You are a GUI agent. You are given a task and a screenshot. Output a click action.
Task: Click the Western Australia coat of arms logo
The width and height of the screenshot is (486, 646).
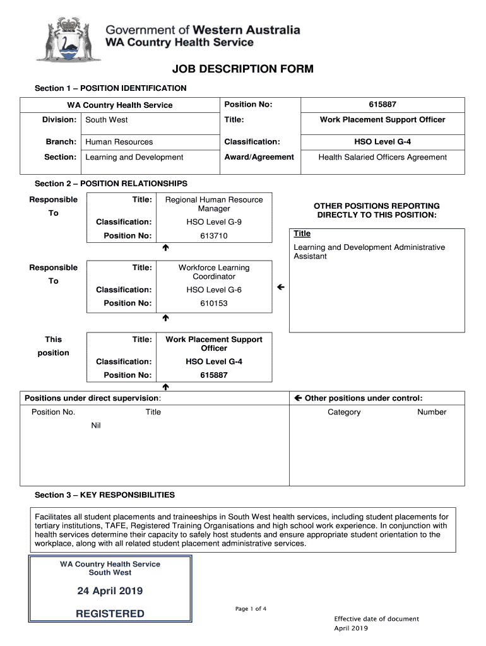pos(59,39)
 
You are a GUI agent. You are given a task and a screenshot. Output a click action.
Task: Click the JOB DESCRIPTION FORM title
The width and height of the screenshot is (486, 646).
pos(242,69)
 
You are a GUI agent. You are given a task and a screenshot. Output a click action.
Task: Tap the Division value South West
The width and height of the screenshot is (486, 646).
pos(107,120)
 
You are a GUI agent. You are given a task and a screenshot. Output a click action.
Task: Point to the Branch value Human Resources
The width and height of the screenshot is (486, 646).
pos(119,142)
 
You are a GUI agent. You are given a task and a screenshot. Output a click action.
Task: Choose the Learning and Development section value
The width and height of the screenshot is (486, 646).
pos(134,157)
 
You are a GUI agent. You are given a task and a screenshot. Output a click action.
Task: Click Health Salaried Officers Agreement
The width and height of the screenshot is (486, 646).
pos(382,157)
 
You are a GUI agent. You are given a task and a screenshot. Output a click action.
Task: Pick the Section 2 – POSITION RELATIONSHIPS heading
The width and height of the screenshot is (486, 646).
pos(111,184)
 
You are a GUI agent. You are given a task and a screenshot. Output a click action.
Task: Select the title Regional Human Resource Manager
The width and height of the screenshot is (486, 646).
pos(214,204)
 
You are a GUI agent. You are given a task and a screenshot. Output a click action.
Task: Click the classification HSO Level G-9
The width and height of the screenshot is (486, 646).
pos(214,222)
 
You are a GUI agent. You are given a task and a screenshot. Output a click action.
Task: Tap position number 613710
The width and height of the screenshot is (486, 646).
pos(214,236)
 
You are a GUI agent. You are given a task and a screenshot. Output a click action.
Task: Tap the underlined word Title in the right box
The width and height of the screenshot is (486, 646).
pos(302,234)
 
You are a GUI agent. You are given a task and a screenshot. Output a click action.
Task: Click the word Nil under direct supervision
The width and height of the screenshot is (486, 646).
pos(96,426)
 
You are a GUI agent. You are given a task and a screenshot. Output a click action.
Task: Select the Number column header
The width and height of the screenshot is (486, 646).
pos(432,412)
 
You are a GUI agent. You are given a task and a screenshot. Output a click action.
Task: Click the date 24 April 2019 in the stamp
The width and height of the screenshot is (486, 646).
pos(110,591)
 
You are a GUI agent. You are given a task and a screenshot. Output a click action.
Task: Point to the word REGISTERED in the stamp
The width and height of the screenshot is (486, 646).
pos(110,614)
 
